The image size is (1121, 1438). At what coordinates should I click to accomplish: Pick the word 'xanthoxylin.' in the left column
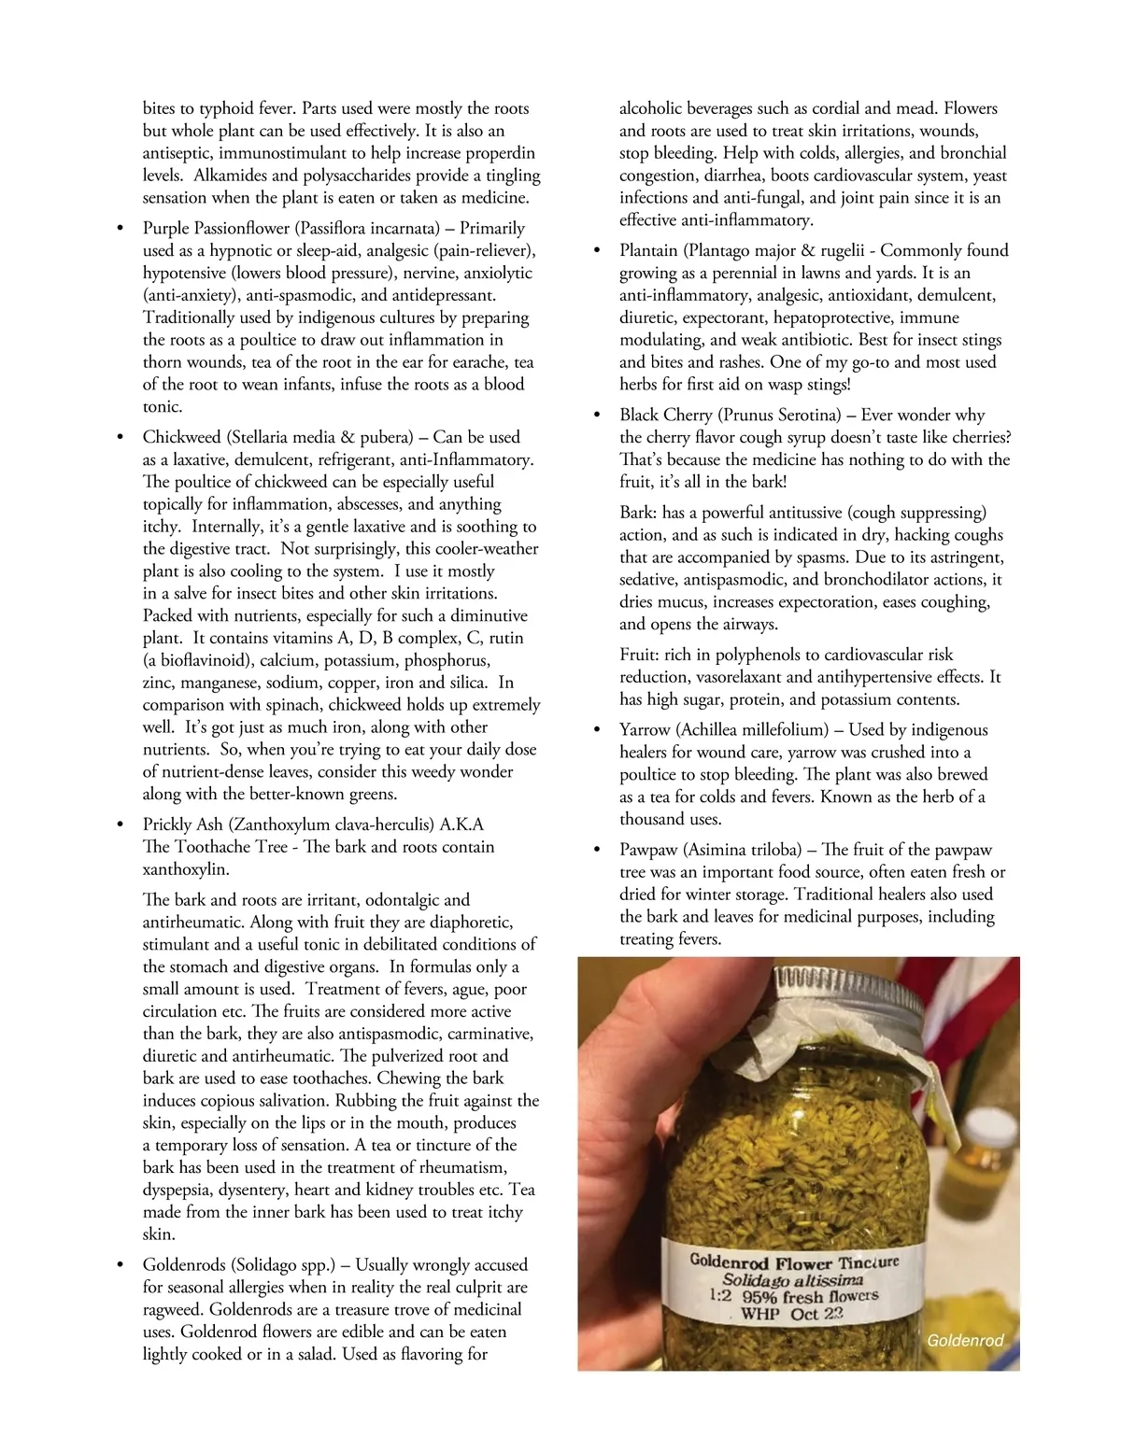click(185, 869)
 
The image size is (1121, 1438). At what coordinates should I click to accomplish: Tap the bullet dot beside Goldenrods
click(119, 1265)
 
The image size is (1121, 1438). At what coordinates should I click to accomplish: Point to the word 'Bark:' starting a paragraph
click(638, 513)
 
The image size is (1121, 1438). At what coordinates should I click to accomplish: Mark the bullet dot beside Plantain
click(597, 251)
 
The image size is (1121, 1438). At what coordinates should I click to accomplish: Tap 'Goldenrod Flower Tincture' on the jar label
click(794, 1262)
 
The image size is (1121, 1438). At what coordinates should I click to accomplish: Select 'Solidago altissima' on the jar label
click(792, 1280)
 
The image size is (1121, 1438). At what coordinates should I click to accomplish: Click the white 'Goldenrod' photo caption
click(965, 1341)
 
